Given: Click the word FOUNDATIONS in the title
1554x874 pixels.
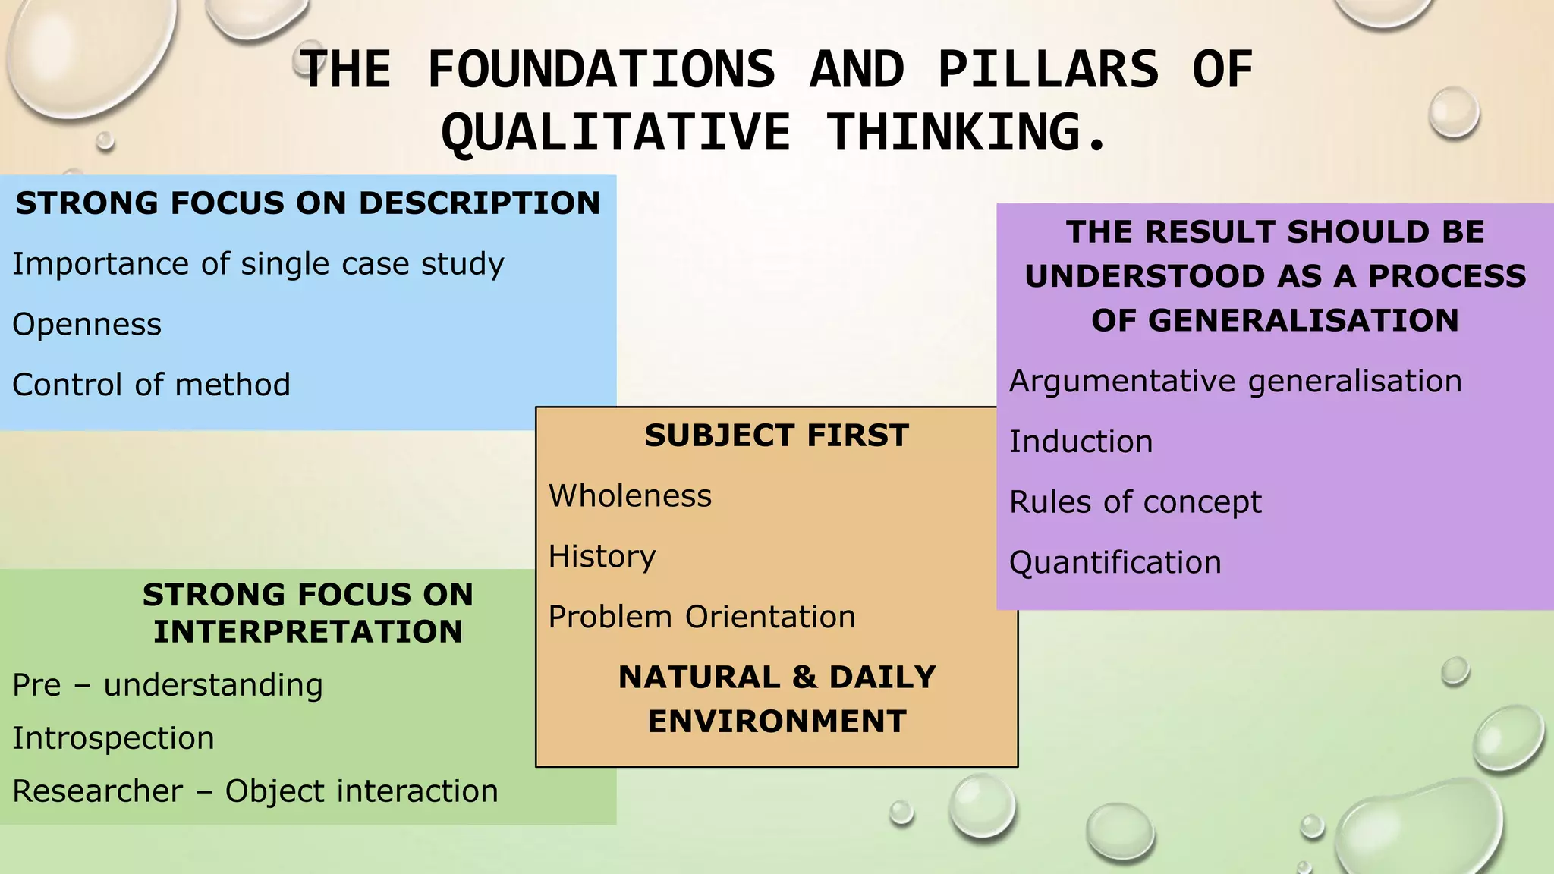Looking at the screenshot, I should (601, 70).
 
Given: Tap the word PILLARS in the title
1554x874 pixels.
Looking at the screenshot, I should (1048, 70).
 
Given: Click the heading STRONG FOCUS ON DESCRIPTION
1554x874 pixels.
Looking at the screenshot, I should (307, 203).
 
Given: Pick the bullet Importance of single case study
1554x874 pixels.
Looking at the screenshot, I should (258, 264).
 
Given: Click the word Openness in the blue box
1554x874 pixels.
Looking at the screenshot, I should (87, 325).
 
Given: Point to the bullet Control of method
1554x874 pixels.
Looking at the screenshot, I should (151, 385).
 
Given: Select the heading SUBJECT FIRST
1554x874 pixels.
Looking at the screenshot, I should (776, 435).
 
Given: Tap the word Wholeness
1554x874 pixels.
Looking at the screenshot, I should (630, 496).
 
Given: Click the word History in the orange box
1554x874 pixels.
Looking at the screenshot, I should (602, 557).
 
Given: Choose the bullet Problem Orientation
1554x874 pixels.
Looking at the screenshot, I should (702, 617).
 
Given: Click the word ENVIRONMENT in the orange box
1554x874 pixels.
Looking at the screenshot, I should (776, 721).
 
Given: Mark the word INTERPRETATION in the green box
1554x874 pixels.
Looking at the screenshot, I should (307, 631).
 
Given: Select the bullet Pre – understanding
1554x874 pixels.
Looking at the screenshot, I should (167, 685).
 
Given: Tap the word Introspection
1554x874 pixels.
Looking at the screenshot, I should (113, 738).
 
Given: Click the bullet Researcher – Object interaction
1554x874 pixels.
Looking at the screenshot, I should (255, 791).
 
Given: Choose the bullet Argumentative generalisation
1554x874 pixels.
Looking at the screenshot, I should (1235, 381).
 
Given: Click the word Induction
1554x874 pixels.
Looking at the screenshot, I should (1081, 442).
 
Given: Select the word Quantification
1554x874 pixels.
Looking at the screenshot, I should (1115, 563).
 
